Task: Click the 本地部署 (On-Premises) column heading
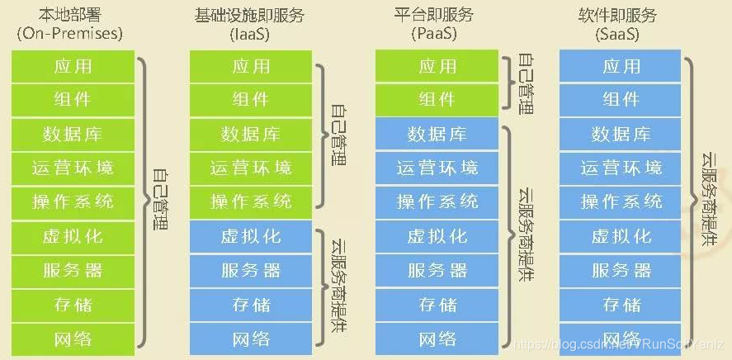(70, 23)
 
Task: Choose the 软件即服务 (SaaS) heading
(621, 23)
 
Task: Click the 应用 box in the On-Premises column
(73, 66)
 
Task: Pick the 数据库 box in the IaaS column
(251, 134)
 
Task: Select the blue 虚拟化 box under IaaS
(251, 236)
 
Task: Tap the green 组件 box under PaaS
(437, 100)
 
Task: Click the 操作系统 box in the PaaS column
(437, 201)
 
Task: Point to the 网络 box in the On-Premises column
(73, 339)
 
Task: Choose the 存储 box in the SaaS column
(621, 304)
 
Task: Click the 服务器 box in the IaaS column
(251, 270)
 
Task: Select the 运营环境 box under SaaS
(621, 168)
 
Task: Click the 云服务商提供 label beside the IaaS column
(338, 281)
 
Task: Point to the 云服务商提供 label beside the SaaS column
(708, 198)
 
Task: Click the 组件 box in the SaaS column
(621, 100)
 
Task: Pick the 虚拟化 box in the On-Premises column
(73, 236)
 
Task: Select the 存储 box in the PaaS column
(437, 304)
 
